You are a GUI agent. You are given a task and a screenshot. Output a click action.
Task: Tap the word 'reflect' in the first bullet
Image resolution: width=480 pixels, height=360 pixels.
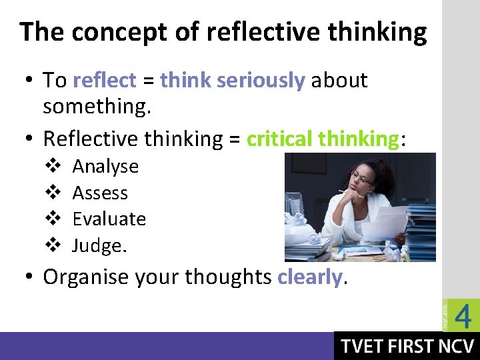pos(105,81)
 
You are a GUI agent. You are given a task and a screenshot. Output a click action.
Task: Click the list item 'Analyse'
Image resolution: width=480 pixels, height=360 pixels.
pos(105,166)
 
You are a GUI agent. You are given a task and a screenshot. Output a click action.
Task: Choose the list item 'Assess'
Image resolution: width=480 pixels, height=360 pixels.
pos(100,193)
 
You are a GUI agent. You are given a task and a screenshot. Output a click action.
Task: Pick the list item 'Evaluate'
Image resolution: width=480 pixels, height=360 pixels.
pos(109,219)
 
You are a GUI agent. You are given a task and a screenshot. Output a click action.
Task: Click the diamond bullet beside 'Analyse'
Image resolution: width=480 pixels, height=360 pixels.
pos(53,166)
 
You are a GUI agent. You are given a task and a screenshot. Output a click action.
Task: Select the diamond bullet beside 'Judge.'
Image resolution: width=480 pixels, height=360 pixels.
pos(53,246)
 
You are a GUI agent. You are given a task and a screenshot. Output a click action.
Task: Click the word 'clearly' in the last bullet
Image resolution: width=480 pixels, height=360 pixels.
pos(309,277)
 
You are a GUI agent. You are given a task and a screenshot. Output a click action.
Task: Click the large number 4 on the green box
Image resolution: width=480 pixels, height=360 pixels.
pos(463,315)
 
